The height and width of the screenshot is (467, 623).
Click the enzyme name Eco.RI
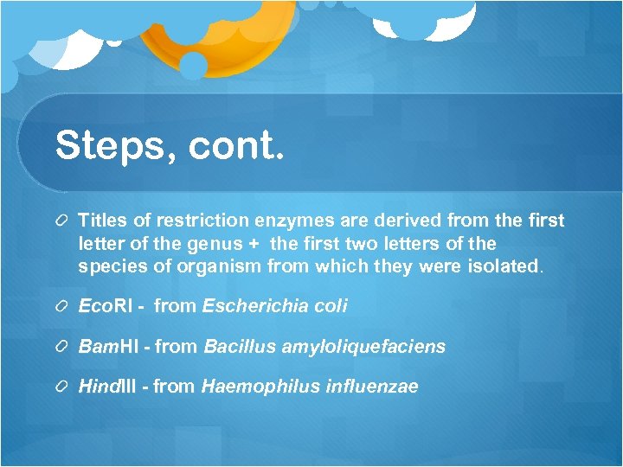(x=106, y=305)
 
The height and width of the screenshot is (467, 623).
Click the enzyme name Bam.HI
(x=111, y=347)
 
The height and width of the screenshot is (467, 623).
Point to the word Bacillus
(x=237, y=347)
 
